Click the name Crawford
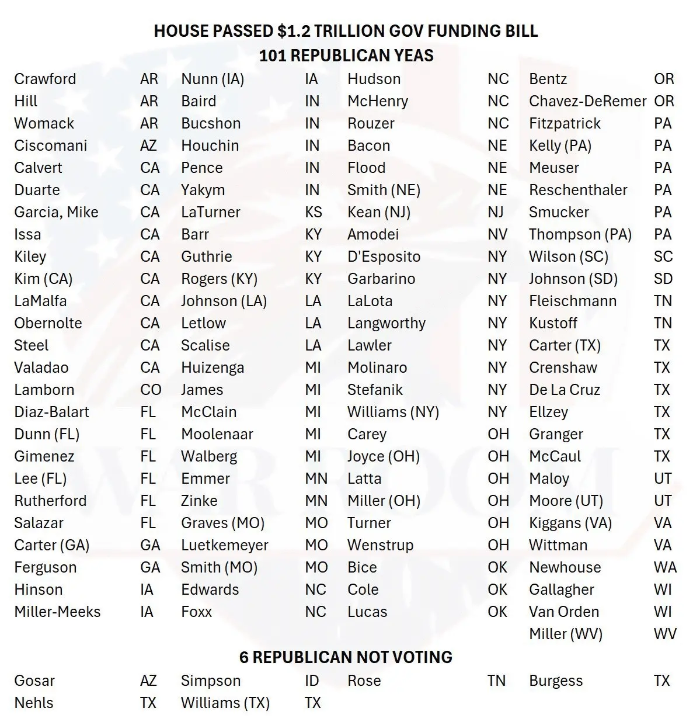(45, 79)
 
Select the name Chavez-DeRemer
(587, 101)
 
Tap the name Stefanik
(375, 390)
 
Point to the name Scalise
(205, 345)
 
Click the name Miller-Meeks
(57, 612)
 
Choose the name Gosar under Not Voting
(34, 681)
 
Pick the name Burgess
(555, 681)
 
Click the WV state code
(665, 634)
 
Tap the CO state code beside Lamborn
(151, 390)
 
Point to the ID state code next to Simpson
(311, 681)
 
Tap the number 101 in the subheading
(272, 56)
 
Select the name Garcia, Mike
(56, 212)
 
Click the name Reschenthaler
(578, 190)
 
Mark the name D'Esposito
(384, 256)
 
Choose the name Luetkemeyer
(224, 545)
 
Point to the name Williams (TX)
(225, 703)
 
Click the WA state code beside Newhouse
(665, 567)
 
